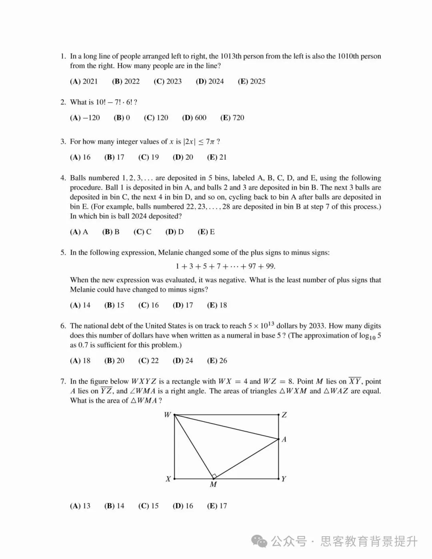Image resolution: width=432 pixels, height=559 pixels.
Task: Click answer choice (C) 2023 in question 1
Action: pos(168,82)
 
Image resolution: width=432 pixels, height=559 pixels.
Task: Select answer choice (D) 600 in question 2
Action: pos(194,118)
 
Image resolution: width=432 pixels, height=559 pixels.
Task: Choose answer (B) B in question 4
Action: pos(111,232)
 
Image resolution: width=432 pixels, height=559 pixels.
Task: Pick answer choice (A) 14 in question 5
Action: pos(80,305)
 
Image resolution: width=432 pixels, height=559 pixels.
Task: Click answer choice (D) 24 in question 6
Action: pos(183,361)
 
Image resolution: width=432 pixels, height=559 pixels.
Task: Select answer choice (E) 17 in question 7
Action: pos(217,506)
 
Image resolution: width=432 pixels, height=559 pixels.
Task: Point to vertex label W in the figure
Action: pos(167,415)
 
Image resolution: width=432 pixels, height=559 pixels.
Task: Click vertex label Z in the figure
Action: pos(284,415)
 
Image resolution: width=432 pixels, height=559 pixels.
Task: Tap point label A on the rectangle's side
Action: pos(284,439)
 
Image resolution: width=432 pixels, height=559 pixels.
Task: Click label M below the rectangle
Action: pos(213,485)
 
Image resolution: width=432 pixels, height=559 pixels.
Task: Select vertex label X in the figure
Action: pos(168,479)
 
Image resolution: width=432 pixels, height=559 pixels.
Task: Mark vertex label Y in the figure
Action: pos(284,479)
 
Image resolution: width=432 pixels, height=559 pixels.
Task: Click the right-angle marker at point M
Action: pos(214,476)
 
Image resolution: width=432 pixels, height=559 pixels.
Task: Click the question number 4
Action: pos(63,178)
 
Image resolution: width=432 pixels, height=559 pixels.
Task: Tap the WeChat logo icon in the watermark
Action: pos(259,542)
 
